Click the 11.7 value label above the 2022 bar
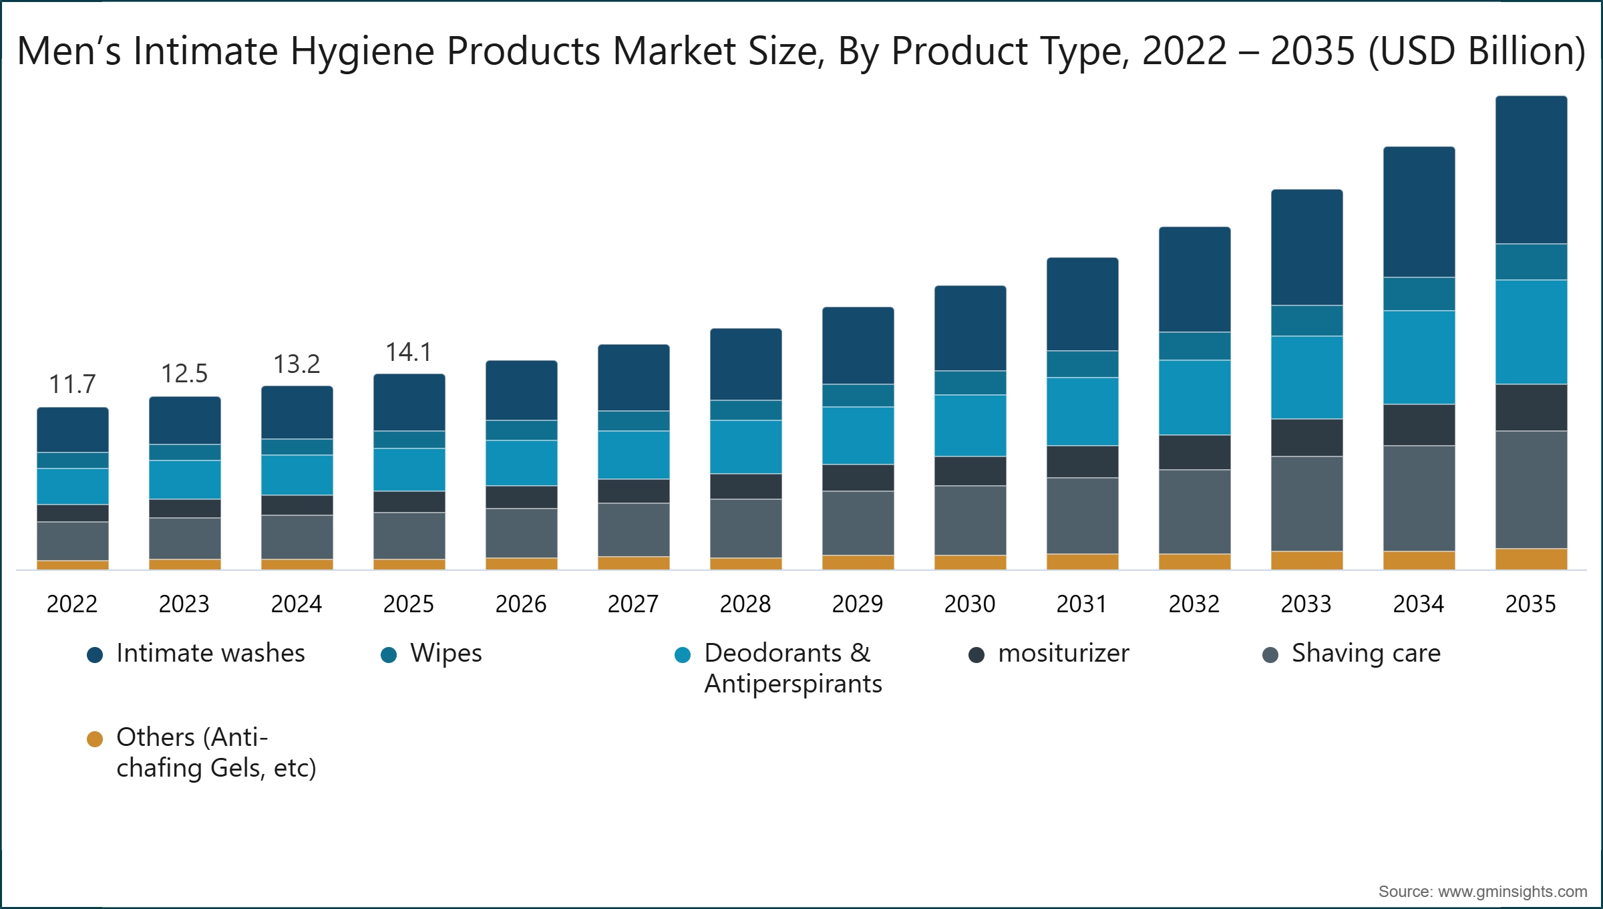point(72,384)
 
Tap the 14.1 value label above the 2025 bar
point(409,352)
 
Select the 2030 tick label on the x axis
point(970,604)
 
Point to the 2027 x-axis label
point(633,604)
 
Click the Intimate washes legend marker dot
point(95,655)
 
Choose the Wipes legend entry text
point(446,654)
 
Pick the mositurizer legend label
point(1063,654)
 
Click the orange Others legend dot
point(95,739)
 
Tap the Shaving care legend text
point(1366,654)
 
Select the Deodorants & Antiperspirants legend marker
point(683,655)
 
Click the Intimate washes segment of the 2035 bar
point(1531,170)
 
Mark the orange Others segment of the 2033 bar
point(1306,560)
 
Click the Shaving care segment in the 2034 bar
point(1419,498)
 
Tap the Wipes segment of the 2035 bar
point(1531,262)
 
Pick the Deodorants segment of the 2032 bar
point(1194,398)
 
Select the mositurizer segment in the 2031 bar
point(1082,461)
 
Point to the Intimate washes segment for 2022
point(72,430)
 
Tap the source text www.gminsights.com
point(1512,892)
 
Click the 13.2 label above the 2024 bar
point(297,364)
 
